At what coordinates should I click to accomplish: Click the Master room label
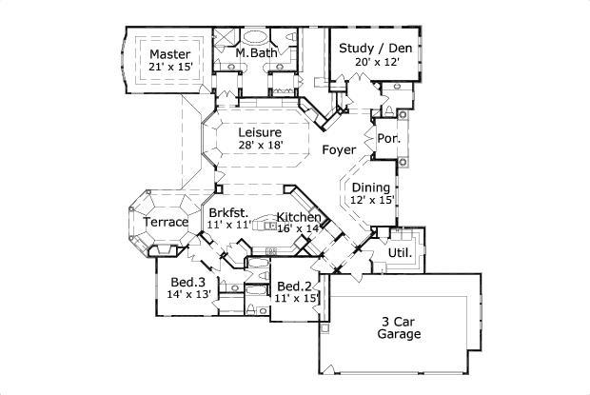tap(169, 54)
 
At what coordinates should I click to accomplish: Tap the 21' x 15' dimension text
tap(169, 68)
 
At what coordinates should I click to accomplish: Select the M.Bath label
tap(256, 54)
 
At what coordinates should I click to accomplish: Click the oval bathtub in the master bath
tap(257, 39)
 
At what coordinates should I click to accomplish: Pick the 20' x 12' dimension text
tap(375, 61)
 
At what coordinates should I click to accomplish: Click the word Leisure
tap(259, 131)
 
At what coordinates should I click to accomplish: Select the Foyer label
tap(339, 150)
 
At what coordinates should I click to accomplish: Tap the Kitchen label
tap(299, 217)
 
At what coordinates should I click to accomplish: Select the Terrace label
tap(166, 223)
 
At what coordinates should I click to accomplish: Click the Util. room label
tap(400, 252)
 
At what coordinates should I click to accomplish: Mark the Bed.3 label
tap(188, 283)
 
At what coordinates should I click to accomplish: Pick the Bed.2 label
tap(295, 286)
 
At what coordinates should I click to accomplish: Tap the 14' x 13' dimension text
tap(188, 295)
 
